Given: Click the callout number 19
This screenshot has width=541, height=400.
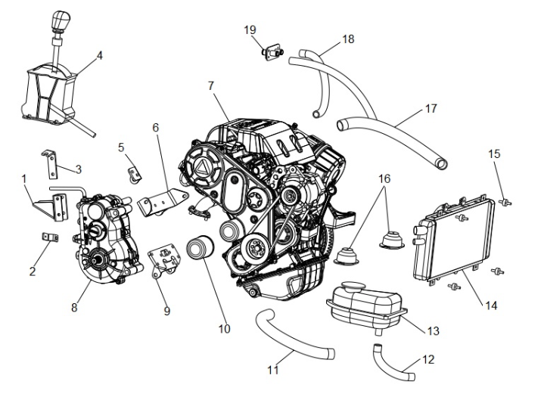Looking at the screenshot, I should click(x=250, y=29).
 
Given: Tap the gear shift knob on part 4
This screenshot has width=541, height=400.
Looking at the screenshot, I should click(x=59, y=22).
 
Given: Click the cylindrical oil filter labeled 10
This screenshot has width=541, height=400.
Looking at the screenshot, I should click(x=201, y=257).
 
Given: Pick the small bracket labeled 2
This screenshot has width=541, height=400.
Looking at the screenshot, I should click(x=49, y=238).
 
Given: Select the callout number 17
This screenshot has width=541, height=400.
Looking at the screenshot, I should click(x=431, y=109).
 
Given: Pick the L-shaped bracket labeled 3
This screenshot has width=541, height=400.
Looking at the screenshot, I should click(x=51, y=161).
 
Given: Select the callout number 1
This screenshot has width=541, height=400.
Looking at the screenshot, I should click(x=24, y=180).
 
